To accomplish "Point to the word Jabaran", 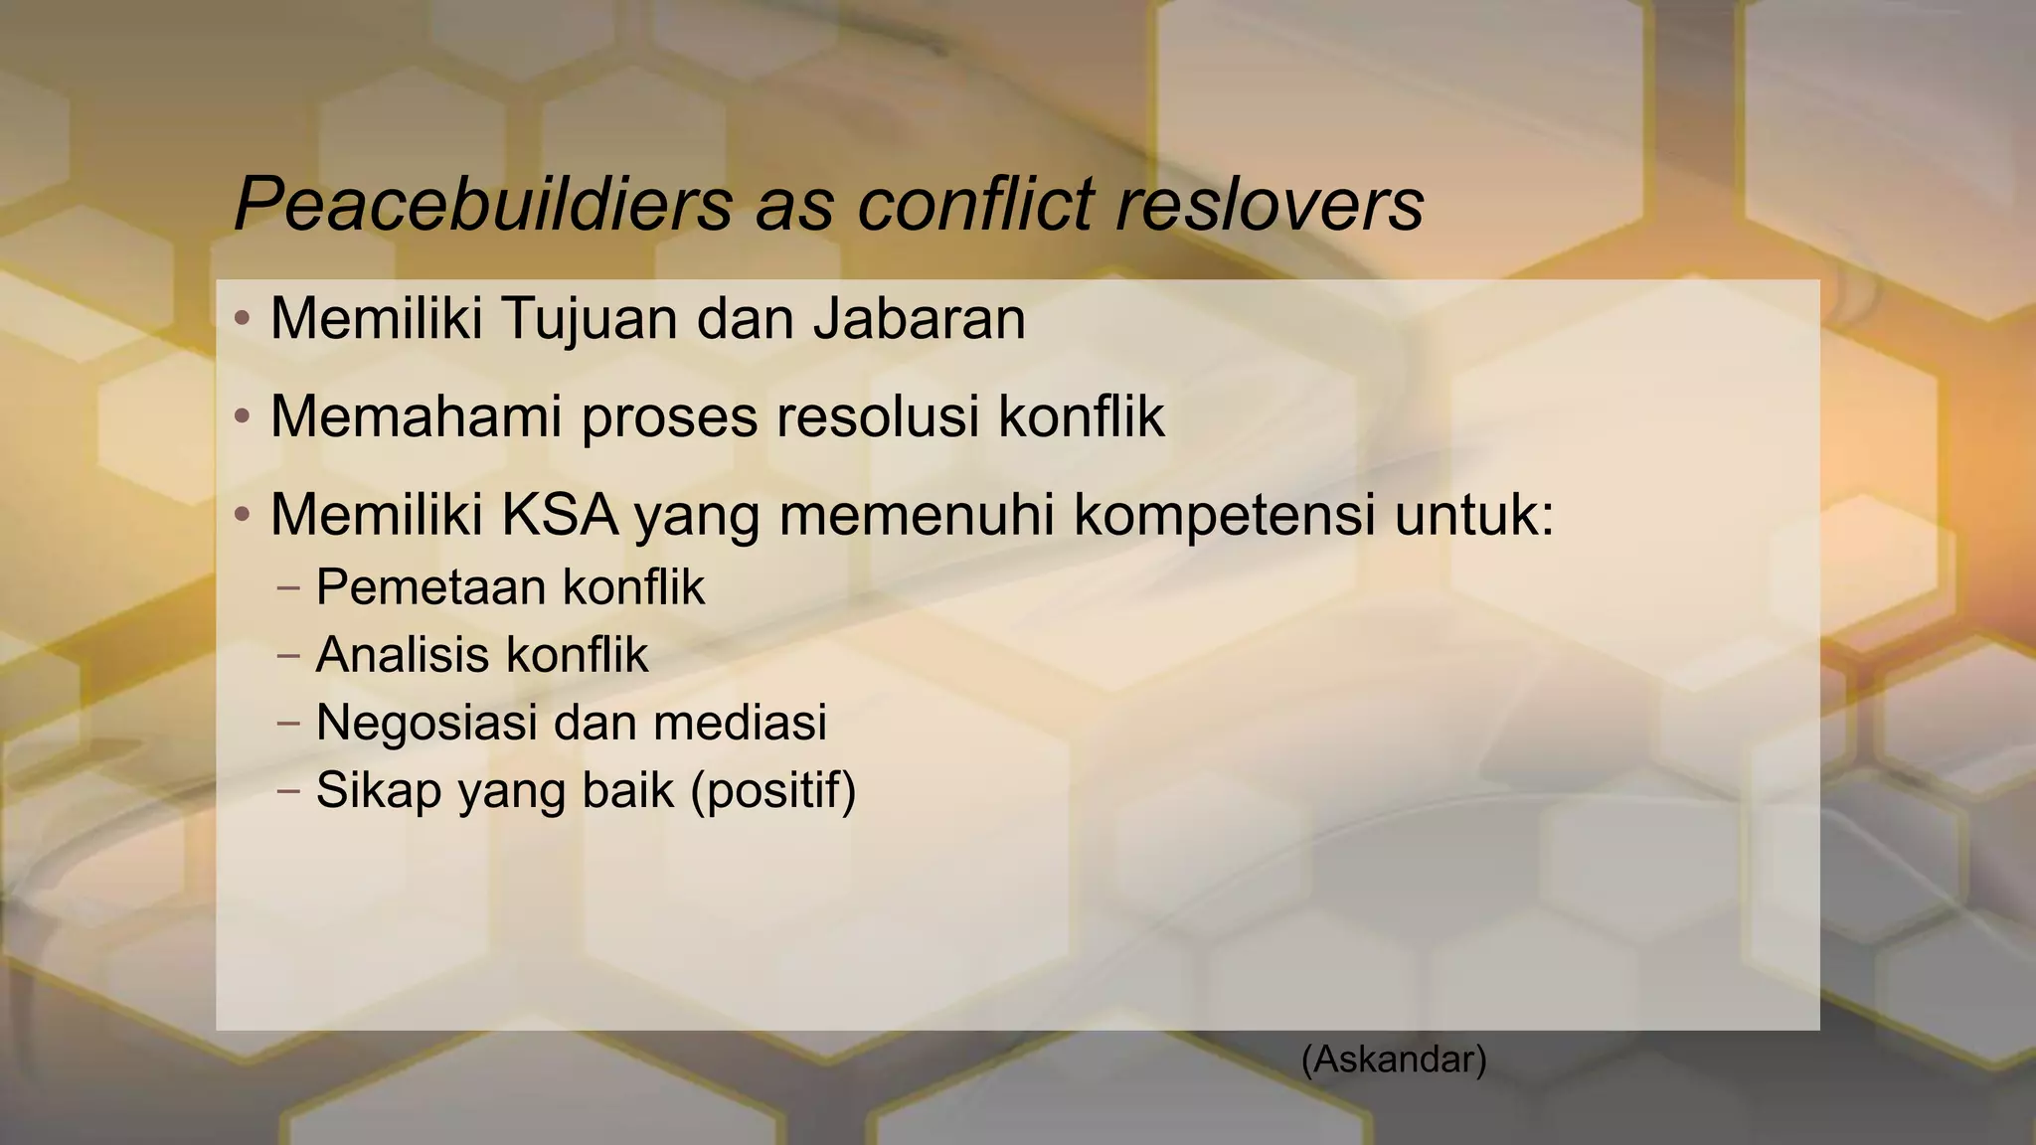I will coord(919,319).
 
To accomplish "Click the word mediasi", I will coord(740,722).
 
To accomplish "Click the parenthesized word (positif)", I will coord(773,791).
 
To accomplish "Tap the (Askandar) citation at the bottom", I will coord(1394,1060).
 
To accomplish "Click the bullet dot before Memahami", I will coord(242,416).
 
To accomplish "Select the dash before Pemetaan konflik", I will coord(288,587).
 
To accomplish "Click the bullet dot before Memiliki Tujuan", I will coord(242,320).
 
